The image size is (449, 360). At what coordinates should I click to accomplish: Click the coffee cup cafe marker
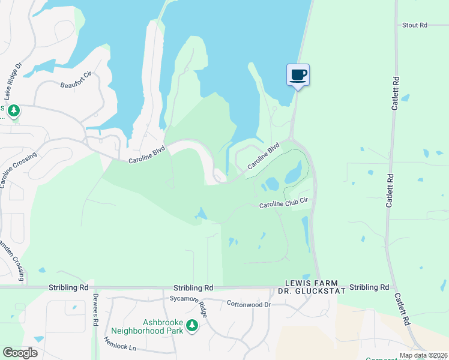[x=298, y=75]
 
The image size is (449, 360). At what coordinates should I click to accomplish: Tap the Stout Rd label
[x=414, y=25]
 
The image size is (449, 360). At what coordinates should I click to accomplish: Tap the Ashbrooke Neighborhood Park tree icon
[x=192, y=326]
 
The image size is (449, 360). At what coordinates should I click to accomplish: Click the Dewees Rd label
[x=95, y=310]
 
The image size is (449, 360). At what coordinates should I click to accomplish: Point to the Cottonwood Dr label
[x=249, y=305]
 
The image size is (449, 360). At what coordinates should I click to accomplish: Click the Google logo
[x=20, y=353]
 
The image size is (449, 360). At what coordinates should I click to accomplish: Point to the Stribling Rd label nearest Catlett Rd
[x=369, y=287]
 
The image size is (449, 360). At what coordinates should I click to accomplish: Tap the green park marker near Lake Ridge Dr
[x=14, y=111]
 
